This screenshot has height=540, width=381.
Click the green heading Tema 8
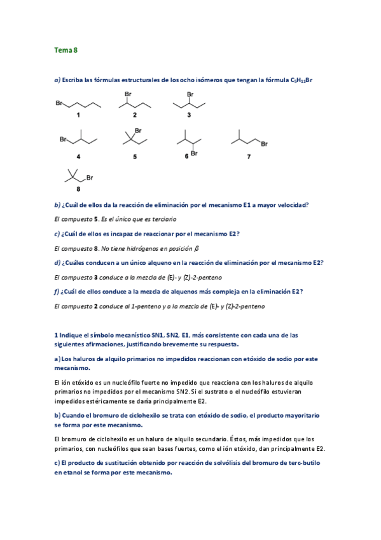click(66, 49)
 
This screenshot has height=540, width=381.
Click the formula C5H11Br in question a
click(301, 80)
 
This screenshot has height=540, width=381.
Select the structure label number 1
click(78, 115)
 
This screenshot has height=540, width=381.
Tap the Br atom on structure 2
click(127, 94)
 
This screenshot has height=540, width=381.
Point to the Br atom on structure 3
click(189, 94)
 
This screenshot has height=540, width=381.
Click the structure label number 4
click(78, 155)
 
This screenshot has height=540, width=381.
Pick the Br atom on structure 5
click(138, 131)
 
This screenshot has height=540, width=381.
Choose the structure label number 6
click(186, 155)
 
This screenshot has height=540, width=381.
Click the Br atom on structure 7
click(264, 143)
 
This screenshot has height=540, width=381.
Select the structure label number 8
click(78, 188)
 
